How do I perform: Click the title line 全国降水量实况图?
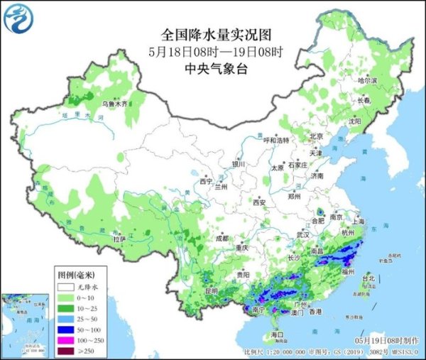coord(217,34)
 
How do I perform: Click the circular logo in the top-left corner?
coord(19,20)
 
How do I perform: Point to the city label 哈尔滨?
coord(366,81)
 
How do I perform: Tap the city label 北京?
coord(316,136)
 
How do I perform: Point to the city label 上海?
coord(357,221)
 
